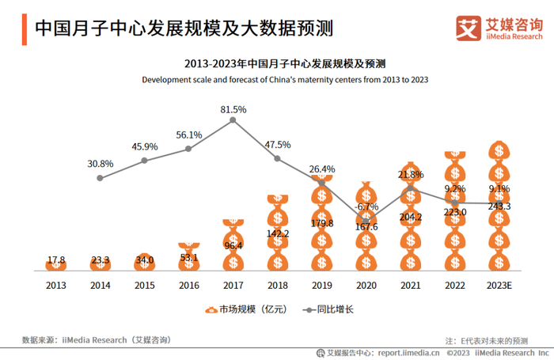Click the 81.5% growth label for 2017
point(233,109)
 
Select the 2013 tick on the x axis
point(56,284)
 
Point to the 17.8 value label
point(56,260)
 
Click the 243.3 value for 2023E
point(499,206)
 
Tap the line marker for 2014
point(101,178)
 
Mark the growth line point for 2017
point(233,120)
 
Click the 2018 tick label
point(277,284)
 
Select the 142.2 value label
point(278,233)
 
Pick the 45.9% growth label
point(145,147)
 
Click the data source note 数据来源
point(96,339)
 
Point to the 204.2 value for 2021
point(410,217)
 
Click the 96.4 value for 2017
point(233,246)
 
